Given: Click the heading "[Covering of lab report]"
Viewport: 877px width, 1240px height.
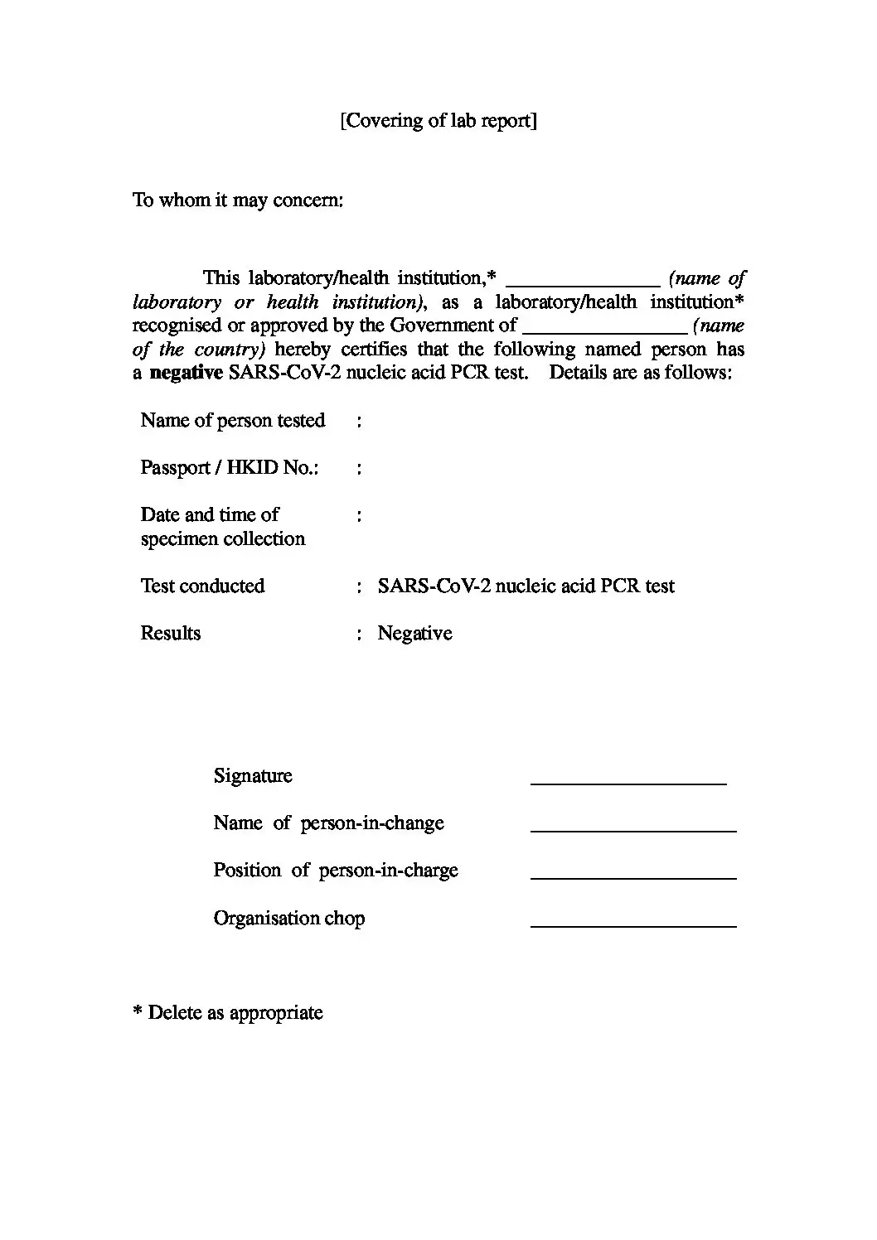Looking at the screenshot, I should (438, 121).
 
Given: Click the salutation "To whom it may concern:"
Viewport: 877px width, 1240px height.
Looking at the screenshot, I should (238, 200).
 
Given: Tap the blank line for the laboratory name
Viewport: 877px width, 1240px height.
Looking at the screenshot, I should (583, 282).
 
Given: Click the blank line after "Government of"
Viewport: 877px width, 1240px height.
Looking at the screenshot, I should (604, 330).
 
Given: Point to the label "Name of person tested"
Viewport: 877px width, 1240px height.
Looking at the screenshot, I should (233, 421).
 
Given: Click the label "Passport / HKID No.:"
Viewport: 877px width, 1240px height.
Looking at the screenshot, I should (230, 468).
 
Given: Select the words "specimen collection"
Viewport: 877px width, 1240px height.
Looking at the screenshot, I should (223, 539).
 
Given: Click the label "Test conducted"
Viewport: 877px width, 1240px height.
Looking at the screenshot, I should (203, 586).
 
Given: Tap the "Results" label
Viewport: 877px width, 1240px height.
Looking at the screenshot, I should (171, 634).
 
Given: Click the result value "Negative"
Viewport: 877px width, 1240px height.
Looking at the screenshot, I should (415, 634).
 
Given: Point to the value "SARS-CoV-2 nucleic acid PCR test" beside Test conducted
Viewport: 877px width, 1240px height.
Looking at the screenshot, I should (526, 586).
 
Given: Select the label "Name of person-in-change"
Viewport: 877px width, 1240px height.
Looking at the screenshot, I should (329, 823).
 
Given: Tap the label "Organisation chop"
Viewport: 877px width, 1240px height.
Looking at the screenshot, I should (289, 919).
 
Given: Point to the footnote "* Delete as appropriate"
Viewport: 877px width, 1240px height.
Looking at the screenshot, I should (228, 1013).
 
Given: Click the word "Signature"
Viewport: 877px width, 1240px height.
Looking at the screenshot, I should (253, 776).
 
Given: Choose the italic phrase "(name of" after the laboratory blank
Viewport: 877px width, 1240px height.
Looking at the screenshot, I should (707, 278).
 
